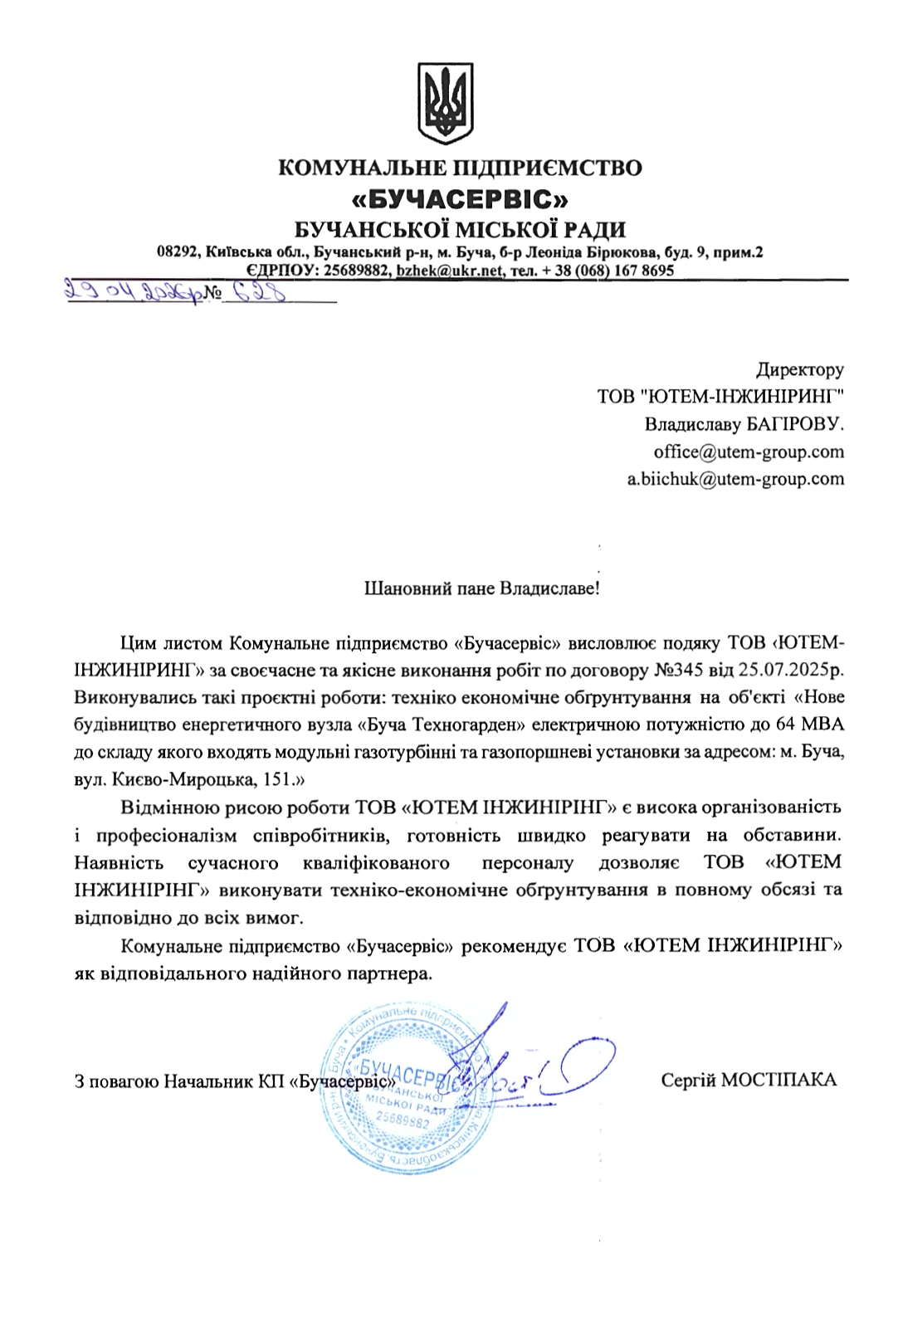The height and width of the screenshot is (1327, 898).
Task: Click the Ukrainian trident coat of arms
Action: (x=448, y=105)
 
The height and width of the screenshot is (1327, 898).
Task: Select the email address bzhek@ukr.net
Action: (x=449, y=271)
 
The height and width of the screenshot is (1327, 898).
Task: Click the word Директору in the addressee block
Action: (x=800, y=369)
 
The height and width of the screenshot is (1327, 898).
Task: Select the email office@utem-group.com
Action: (x=749, y=452)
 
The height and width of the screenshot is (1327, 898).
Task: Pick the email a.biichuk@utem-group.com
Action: (x=735, y=479)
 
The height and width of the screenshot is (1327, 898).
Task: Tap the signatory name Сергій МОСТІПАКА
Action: (x=749, y=1080)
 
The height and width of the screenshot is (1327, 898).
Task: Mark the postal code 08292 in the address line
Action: (x=178, y=252)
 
